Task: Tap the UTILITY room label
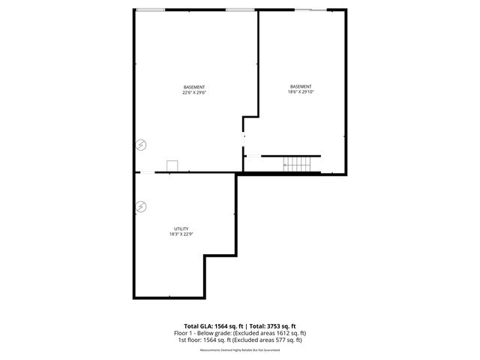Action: click(x=181, y=229)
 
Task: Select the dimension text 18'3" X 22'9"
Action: click(x=181, y=235)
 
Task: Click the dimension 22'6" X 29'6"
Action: click(x=193, y=93)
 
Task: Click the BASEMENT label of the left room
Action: click(x=193, y=87)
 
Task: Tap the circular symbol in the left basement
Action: click(x=141, y=145)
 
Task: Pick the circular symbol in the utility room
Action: click(x=141, y=205)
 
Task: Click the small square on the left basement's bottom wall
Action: click(x=172, y=166)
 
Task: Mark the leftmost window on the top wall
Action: click(x=151, y=10)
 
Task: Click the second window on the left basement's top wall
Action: click(x=239, y=10)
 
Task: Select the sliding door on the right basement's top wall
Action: click(x=310, y=10)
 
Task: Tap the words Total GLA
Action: click(x=193, y=326)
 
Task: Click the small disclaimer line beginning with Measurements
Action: click(x=239, y=349)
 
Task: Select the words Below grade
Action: click(x=211, y=333)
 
